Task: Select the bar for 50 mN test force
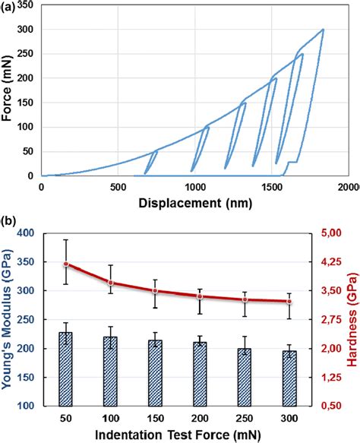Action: point(66,358)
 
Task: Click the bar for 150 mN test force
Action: point(155,362)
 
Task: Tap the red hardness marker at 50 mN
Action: point(66,264)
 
